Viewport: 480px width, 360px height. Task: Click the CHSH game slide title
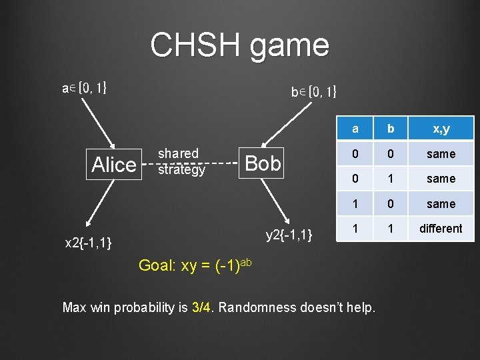[x=239, y=45]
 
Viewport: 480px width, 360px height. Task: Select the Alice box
[x=114, y=164]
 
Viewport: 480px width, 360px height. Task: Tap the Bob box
[x=263, y=163]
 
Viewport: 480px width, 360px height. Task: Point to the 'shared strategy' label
[x=181, y=162]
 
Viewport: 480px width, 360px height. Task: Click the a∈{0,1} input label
[x=84, y=87]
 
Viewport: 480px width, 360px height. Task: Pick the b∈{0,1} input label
[x=313, y=93]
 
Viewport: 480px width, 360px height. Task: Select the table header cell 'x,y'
[x=441, y=129]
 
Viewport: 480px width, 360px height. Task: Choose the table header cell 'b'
[x=391, y=129]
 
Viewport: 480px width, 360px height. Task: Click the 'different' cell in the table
[x=441, y=229]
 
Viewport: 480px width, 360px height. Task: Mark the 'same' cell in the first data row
[x=441, y=154]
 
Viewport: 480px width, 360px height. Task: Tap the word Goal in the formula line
[x=155, y=267]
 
